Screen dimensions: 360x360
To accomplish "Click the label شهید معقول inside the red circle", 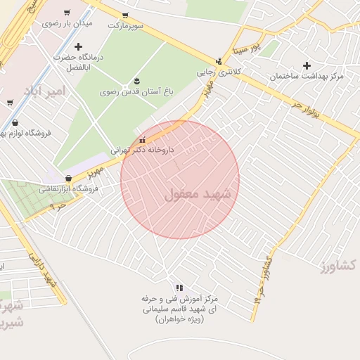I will coord(202,194).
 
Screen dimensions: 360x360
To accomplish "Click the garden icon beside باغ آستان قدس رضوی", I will coord(136,79).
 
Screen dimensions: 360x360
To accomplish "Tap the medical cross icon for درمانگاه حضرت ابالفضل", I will coord(77,46).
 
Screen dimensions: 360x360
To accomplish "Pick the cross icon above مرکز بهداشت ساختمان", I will coord(307,65).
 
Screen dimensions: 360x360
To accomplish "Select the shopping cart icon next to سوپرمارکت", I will coord(125,15).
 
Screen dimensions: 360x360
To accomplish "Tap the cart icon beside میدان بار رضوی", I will coord(67,13).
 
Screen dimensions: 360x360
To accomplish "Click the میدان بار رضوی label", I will coord(67,23).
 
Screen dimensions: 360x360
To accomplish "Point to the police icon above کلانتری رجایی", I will coord(219,61).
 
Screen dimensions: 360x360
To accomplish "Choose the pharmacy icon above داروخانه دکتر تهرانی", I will coord(143,139).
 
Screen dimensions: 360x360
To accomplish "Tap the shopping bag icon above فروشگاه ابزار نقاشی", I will coord(68,179).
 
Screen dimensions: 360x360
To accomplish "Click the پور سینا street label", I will coord(247,49).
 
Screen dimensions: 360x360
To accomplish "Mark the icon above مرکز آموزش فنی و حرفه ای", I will coord(179,288).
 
